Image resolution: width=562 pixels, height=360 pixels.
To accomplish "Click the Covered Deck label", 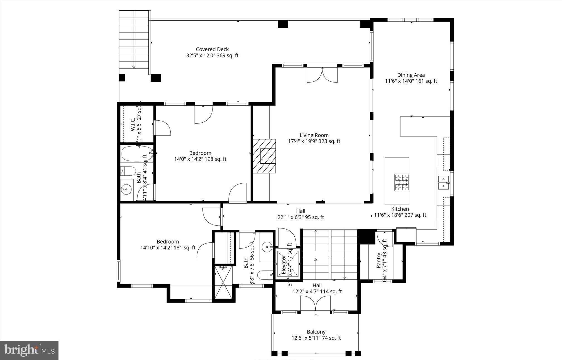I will click(x=212, y=49).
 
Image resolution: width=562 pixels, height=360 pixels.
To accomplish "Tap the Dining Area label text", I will click(x=411, y=75).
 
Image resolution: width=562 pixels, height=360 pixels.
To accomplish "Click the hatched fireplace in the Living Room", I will click(x=264, y=156).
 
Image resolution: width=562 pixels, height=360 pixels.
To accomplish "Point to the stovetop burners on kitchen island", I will click(x=402, y=183).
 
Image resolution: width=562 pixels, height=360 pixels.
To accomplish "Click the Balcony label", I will click(x=316, y=332).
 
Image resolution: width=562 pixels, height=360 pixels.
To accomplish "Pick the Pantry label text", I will click(x=379, y=260).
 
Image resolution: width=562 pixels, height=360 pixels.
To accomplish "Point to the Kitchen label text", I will click(x=400, y=209).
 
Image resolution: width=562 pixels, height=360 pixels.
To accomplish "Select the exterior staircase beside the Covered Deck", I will click(x=134, y=42).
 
